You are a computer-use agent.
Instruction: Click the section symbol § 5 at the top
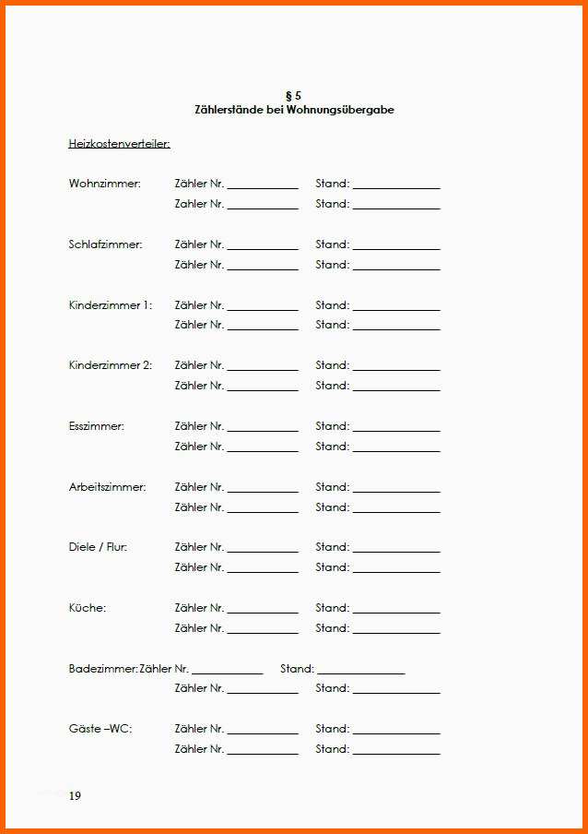[x=294, y=96]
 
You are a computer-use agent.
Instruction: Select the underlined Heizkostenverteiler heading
[x=119, y=144]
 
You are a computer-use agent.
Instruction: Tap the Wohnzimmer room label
[x=104, y=184]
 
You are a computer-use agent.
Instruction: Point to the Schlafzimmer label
[x=105, y=244]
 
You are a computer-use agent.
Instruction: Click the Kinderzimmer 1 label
[x=110, y=305]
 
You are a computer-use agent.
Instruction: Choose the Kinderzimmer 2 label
[x=110, y=365]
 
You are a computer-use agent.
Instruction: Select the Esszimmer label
[x=96, y=426]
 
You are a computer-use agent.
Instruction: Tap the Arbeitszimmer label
[x=107, y=487]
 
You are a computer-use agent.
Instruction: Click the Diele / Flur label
[x=98, y=547]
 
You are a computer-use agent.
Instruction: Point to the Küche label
[x=87, y=608]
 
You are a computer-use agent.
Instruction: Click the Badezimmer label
[x=102, y=669]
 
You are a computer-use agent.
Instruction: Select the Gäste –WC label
[x=100, y=729]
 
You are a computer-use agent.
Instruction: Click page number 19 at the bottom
[x=75, y=796]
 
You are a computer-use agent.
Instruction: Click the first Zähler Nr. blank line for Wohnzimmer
[x=263, y=187]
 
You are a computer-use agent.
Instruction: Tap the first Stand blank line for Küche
[x=396, y=612]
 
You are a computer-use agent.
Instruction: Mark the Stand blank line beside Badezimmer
[x=360, y=673]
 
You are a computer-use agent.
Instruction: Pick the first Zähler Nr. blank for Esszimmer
[x=263, y=430]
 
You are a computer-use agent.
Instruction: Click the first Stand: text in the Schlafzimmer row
[x=332, y=244]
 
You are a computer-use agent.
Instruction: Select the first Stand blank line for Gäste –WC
[x=396, y=733]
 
